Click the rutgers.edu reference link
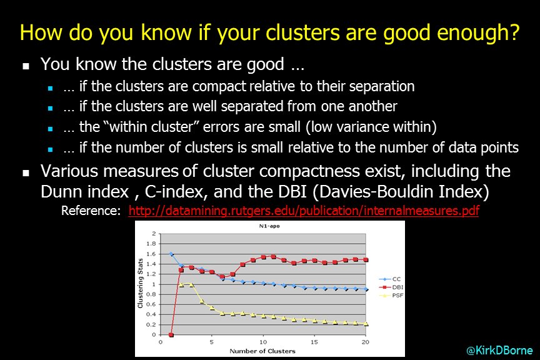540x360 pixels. (x=304, y=211)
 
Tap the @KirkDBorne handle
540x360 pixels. (x=499, y=351)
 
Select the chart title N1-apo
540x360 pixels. (x=269, y=226)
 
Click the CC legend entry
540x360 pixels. (x=390, y=279)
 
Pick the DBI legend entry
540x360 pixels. (x=391, y=287)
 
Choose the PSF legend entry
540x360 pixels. (x=391, y=295)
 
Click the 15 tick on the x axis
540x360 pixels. (x=314, y=342)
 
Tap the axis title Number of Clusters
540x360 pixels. (x=262, y=351)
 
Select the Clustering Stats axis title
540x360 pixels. (x=140, y=283)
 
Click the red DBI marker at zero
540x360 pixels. (x=171, y=334)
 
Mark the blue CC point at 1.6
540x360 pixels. (x=171, y=254)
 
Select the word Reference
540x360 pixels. (x=91, y=211)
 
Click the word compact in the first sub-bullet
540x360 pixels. (x=219, y=87)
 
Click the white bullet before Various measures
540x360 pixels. (x=26, y=172)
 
